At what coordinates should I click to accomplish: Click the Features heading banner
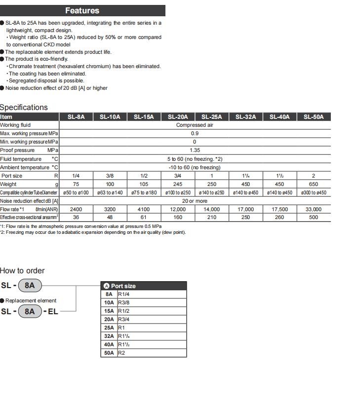pyautogui.click(x=82, y=10)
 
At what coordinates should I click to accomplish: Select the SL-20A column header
pyautogui.click(x=178, y=117)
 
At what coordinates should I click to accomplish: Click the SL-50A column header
pyautogui.click(x=314, y=117)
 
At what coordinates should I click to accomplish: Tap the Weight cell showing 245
pyautogui.click(x=178, y=184)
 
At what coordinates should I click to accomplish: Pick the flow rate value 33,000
pyautogui.click(x=314, y=209)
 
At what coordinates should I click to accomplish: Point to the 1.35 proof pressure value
pyautogui.click(x=195, y=150)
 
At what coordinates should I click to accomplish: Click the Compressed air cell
pyautogui.click(x=195, y=125)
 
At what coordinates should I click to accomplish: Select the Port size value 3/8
pyautogui.click(x=110, y=176)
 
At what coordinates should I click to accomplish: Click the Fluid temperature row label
pyautogui.click(x=21, y=159)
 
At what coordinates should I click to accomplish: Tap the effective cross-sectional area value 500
pyautogui.click(x=314, y=217)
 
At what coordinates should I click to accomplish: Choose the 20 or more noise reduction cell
pyautogui.click(x=195, y=201)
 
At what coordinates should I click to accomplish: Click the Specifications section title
pyautogui.click(x=24, y=107)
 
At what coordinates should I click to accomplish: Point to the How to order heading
pyautogui.click(x=22, y=270)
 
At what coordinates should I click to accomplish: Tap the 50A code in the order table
pyautogui.click(x=109, y=353)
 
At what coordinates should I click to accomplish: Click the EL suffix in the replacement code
pyautogui.click(x=53, y=312)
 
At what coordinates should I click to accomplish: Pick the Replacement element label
pyautogui.click(x=31, y=300)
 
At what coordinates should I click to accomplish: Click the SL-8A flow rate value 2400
pyautogui.click(x=76, y=209)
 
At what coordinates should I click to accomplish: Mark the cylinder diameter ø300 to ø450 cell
pyautogui.click(x=314, y=192)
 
